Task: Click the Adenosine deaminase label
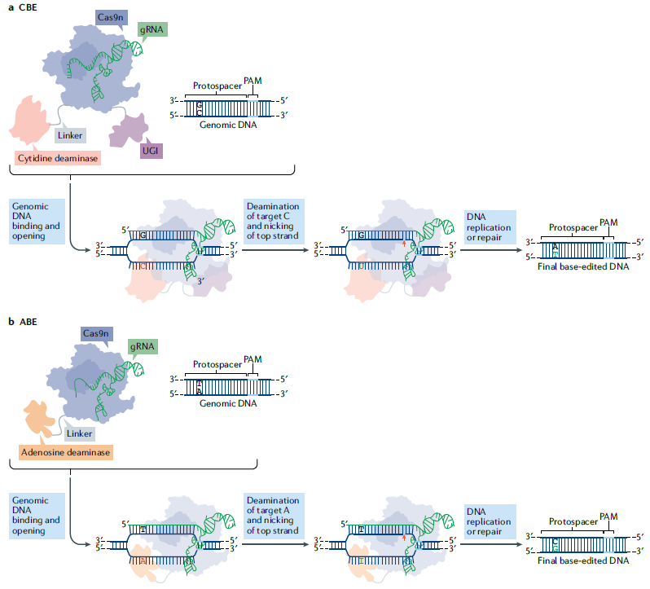(x=64, y=451)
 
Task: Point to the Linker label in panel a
(x=70, y=136)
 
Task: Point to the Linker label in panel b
(x=79, y=433)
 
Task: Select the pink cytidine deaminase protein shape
(x=33, y=122)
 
